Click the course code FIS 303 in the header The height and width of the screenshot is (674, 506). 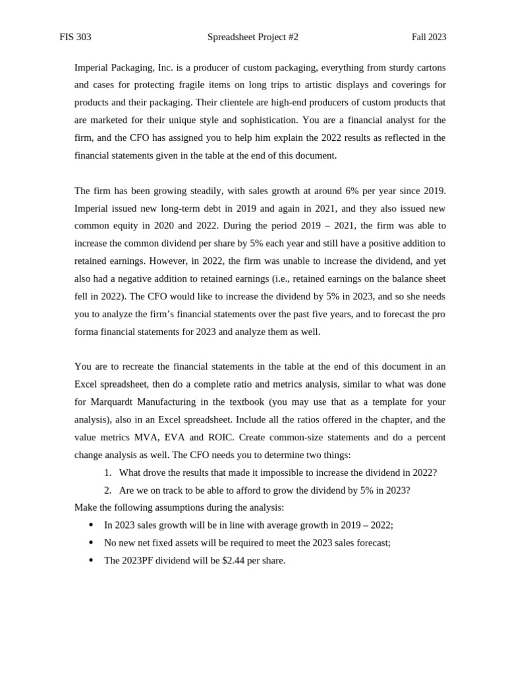(x=75, y=38)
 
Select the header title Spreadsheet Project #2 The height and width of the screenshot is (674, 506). (x=252, y=38)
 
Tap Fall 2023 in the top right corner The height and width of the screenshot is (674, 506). (x=429, y=38)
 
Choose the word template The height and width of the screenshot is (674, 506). (x=374, y=402)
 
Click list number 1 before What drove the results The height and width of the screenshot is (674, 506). (x=107, y=473)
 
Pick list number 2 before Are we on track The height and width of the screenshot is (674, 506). (x=107, y=490)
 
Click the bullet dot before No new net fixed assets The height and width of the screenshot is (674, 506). (x=91, y=543)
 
